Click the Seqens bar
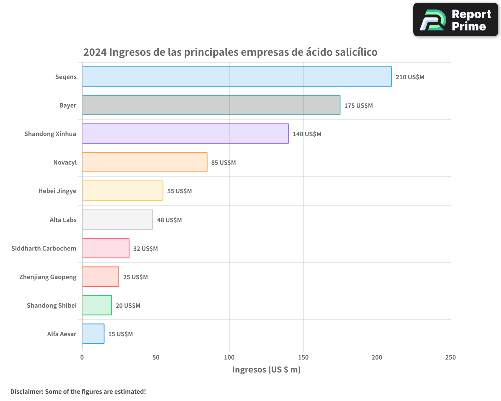click(236, 76)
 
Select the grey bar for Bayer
click(211, 105)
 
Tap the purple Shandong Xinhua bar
click(185, 133)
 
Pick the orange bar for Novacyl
click(144, 162)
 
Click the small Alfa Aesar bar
click(93, 334)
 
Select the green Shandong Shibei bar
click(97, 305)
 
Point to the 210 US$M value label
click(410, 77)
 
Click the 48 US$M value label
click(169, 220)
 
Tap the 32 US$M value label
click(145, 249)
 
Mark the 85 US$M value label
click(223, 163)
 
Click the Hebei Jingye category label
click(57, 191)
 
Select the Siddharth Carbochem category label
click(44, 248)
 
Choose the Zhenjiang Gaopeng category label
click(48, 277)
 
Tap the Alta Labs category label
click(63, 220)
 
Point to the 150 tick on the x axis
click(303, 357)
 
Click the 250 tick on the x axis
click(451, 357)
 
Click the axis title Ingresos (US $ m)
click(266, 370)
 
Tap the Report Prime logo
click(455, 20)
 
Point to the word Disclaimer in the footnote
click(26, 391)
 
